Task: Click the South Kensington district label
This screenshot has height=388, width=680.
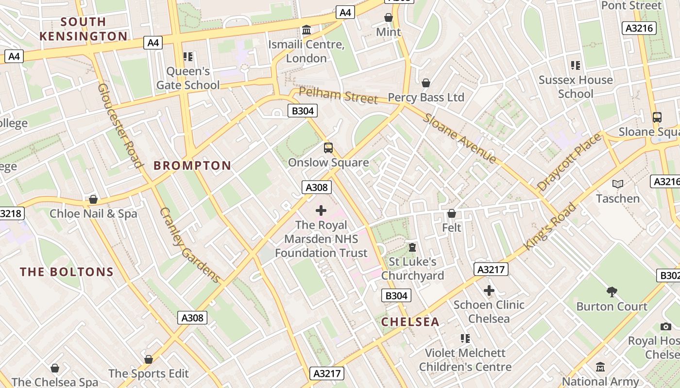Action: pyautogui.click(x=83, y=29)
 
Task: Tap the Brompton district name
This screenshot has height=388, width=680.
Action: pyautogui.click(x=192, y=165)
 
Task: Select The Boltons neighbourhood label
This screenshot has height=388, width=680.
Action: pyautogui.click(x=67, y=272)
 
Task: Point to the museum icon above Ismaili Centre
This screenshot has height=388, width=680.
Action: pyautogui.click(x=306, y=31)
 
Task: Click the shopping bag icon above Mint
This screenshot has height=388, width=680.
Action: pyautogui.click(x=389, y=17)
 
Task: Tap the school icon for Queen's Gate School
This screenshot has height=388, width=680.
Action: pyautogui.click(x=188, y=57)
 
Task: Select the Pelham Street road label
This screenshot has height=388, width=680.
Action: pyautogui.click(x=338, y=95)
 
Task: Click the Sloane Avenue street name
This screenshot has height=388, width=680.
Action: pyautogui.click(x=459, y=138)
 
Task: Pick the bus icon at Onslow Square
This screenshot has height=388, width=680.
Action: pyautogui.click(x=328, y=147)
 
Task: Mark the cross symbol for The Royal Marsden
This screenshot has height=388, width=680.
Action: pyautogui.click(x=321, y=210)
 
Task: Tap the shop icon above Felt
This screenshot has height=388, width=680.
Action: pyautogui.click(x=452, y=213)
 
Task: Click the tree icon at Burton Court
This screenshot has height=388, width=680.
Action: pyautogui.click(x=612, y=291)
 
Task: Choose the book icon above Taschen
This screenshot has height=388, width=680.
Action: pyautogui.click(x=618, y=184)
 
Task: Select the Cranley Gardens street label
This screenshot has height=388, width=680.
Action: pyautogui.click(x=190, y=245)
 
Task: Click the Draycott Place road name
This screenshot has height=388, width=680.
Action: pyautogui.click(x=569, y=162)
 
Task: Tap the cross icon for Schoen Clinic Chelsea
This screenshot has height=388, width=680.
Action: pyautogui.click(x=489, y=291)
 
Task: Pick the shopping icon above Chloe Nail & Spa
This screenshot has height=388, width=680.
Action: pyautogui.click(x=93, y=199)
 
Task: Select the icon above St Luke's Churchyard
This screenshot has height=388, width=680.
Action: pyautogui.click(x=412, y=247)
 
